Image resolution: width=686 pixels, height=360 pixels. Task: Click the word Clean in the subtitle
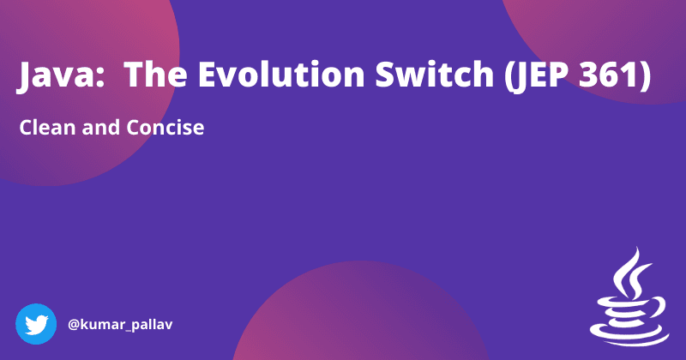tap(46, 129)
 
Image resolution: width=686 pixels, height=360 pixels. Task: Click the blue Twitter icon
tap(36, 325)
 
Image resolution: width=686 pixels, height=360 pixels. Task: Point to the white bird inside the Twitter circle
tap(36, 325)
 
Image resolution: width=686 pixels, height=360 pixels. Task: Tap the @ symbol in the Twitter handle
tap(74, 326)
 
